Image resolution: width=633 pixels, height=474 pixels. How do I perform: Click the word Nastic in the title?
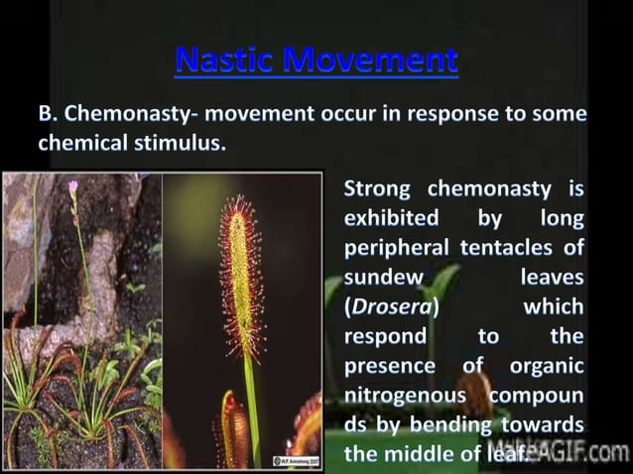point(224,59)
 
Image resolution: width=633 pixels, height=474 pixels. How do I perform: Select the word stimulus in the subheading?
point(186,143)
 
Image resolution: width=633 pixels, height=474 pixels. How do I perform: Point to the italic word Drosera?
point(392,305)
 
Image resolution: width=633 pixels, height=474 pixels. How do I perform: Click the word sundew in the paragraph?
point(383,277)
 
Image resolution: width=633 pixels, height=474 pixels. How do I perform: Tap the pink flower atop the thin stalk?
point(72,186)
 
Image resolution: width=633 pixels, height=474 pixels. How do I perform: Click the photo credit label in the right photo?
point(296,460)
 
